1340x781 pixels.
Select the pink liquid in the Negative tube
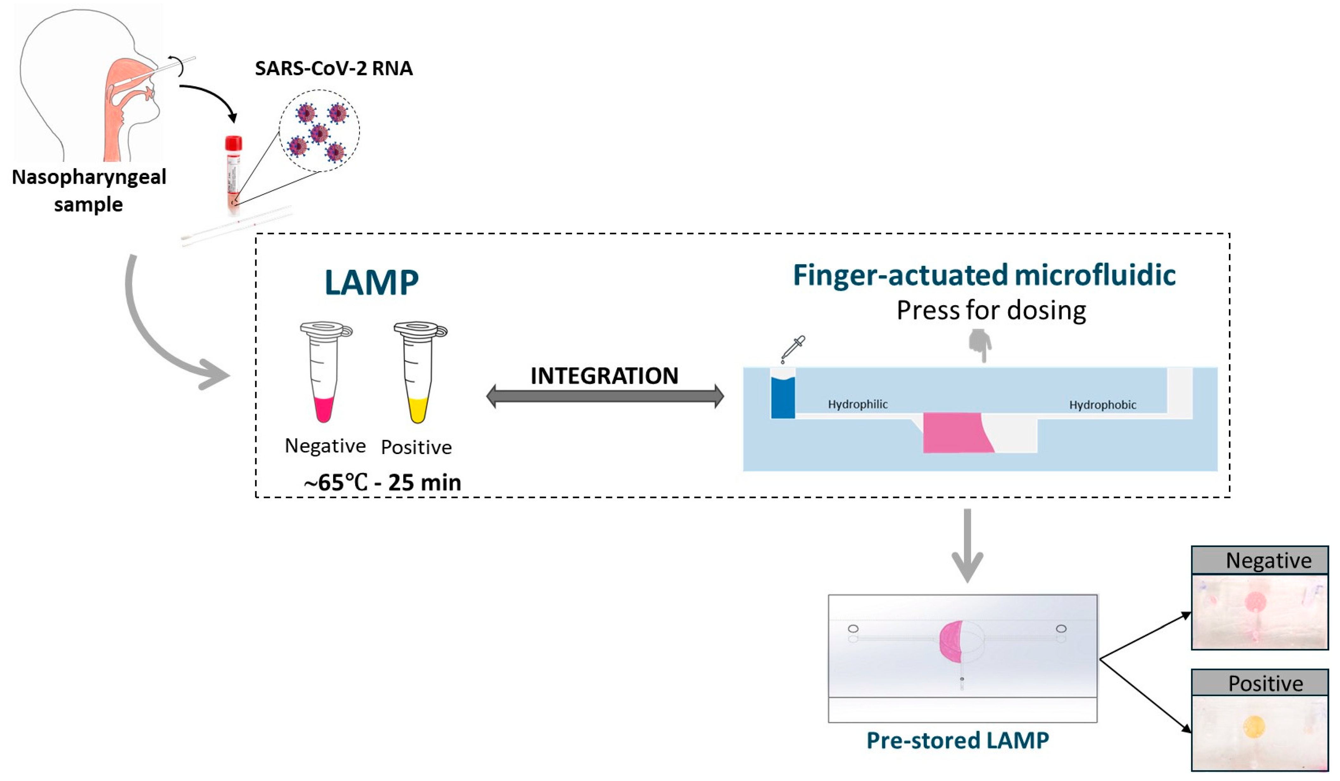coord(323,409)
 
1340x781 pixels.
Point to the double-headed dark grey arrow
coord(605,396)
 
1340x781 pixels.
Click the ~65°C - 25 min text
coord(382,483)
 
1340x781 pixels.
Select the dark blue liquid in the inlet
coord(783,398)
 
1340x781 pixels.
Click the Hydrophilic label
coord(857,404)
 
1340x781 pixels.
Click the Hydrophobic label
coord(1102,405)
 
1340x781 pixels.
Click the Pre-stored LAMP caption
coord(957,741)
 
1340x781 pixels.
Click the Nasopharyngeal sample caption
coord(89,191)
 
